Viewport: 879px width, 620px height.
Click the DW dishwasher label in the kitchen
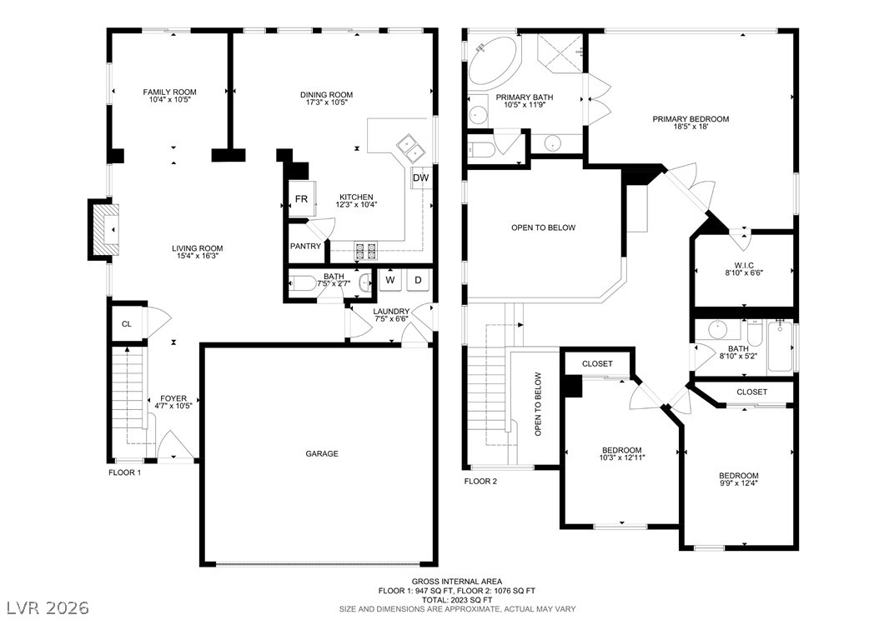(x=420, y=178)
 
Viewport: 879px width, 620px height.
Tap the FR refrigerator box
(x=302, y=199)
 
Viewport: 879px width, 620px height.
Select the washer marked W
(x=390, y=279)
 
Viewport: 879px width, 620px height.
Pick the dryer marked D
(x=418, y=279)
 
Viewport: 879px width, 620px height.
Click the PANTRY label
(x=305, y=246)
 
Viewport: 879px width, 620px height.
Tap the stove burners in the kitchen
(x=365, y=251)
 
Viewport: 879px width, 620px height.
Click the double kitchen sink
(x=411, y=147)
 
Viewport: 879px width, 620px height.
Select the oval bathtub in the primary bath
(x=495, y=62)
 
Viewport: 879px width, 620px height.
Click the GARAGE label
(x=322, y=453)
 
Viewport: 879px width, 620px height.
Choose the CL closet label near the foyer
(x=127, y=323)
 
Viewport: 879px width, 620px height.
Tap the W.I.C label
(x=744, y=266)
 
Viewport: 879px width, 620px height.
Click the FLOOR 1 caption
(x=124, y=472)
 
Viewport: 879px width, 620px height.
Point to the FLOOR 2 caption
(x=480, y=481)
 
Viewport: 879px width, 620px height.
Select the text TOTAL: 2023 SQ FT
(x=457, y=599)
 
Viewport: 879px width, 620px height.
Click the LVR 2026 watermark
(x=48, y=607)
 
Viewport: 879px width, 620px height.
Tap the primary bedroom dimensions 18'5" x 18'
(x=691, y=127)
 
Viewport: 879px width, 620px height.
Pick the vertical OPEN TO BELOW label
(x=538, y=404)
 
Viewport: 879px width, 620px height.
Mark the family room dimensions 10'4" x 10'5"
(x=170, y=100)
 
